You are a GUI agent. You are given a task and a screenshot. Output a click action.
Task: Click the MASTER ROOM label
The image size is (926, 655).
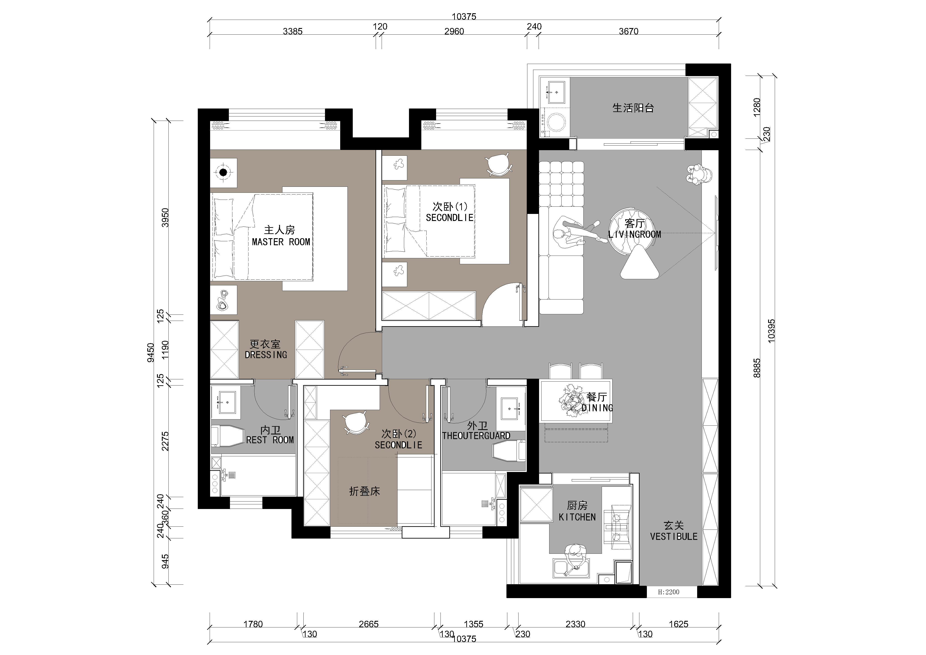pos(281,242)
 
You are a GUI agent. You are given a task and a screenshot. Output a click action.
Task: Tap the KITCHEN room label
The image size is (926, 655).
pos(577,517)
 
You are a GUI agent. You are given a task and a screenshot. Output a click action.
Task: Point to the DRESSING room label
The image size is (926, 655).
pos(266,355)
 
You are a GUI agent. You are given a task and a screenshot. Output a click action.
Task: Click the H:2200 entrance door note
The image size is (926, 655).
pos(669,592)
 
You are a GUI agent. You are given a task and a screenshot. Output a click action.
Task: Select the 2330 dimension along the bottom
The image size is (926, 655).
pos(575,624)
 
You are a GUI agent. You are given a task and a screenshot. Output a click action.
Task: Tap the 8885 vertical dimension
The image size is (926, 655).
pos(757,368)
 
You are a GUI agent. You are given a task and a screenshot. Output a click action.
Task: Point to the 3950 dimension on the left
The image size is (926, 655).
pos(165,218)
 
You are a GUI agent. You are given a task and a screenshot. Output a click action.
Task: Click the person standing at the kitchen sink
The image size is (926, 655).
pos(575,557)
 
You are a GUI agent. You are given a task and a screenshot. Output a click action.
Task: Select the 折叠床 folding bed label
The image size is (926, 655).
pos(365,491)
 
